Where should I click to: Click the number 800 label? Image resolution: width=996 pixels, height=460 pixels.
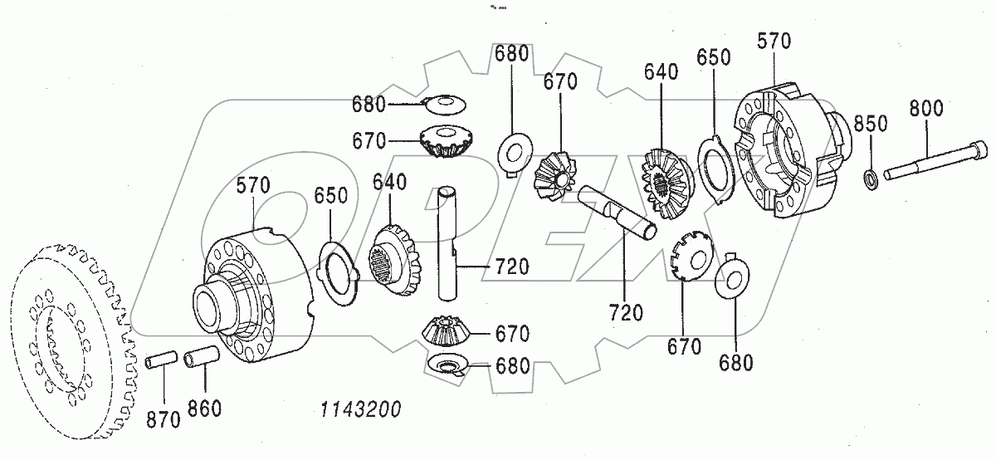[926, 107]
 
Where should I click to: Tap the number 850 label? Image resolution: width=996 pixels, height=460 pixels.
[871, 124]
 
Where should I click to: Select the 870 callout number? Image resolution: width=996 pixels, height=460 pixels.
[164, 419]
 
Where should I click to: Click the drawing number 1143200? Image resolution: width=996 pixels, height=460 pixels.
[360, 409]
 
